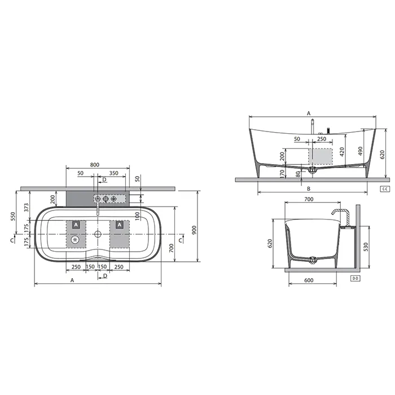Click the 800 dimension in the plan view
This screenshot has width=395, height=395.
[x=95, y=165]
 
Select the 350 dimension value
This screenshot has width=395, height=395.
[x=113, y=173]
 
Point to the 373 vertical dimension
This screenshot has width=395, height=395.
[x=27, y=208]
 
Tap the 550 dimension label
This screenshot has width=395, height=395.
[x=13, y=216]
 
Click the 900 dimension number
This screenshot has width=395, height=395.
[x=194, y=230]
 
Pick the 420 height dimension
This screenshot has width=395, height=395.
[x=342, y=152]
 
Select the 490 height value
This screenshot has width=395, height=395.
[x=361, y=151]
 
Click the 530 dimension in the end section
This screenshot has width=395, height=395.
[x=366, y=247]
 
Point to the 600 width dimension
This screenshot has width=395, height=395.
[x=309, y=280]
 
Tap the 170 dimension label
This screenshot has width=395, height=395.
[x=282, y=173]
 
